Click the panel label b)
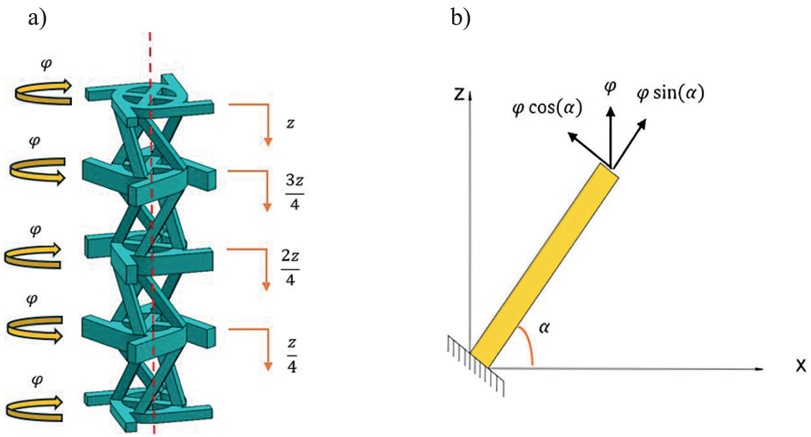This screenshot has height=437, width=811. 460,18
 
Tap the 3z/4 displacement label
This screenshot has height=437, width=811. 294,192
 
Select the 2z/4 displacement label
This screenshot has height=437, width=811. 290,267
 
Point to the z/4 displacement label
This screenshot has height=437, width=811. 292,355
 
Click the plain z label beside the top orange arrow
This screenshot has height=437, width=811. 290,124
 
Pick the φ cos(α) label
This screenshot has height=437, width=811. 547,108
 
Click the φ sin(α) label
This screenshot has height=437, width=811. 670,93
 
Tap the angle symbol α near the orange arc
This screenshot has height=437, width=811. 544,328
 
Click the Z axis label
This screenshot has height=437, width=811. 459,94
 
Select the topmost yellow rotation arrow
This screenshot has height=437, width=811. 43,93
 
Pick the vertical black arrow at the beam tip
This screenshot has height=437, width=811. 611,137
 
